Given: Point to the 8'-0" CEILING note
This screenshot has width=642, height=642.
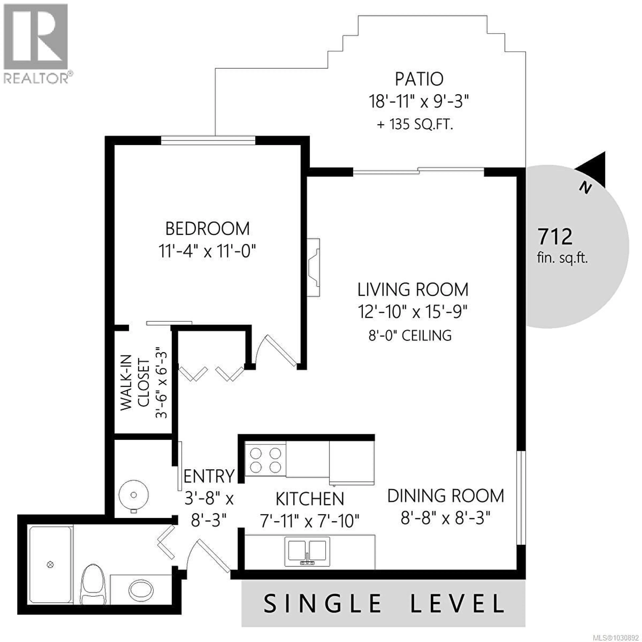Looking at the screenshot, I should coord(410,336).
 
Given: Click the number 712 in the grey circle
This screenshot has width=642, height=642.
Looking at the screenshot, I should coord(555,237).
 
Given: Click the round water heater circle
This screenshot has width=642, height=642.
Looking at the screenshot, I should coord(134,495).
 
